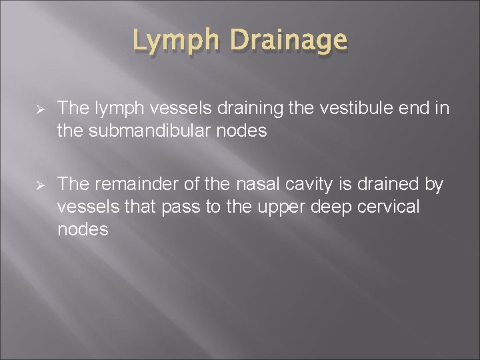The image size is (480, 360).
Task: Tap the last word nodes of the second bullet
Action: click(x=82, y=230)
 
